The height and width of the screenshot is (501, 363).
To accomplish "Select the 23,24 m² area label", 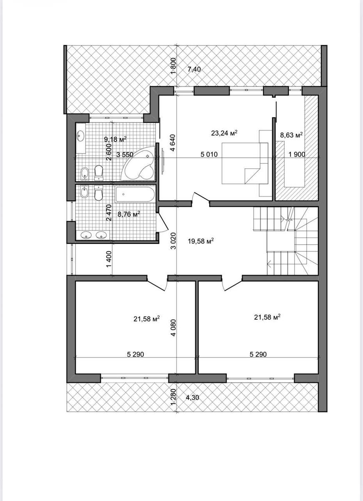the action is click(224, 133).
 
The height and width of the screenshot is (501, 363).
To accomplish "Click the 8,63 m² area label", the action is click(292, 135).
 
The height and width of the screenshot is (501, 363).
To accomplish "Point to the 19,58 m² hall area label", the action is click(201, 241).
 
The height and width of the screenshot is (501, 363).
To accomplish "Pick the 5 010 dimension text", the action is click(209, 154).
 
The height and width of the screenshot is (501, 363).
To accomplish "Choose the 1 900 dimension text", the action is click(297, 154).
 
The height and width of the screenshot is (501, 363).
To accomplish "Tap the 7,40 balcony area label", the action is click(194, 70).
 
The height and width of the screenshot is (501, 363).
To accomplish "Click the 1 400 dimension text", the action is click(109, 259).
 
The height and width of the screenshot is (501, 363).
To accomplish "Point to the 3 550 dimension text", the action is click(125, 154).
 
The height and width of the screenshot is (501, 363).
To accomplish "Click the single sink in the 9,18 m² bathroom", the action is click(80, 136).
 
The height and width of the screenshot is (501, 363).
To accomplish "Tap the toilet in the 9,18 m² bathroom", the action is click(98, 172).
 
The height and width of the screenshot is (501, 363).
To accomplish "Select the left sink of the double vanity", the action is click(86, 235).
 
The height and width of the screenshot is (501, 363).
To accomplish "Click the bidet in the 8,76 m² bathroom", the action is click(84, 192).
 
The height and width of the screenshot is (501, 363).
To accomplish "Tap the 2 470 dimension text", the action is click(109, 213).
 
